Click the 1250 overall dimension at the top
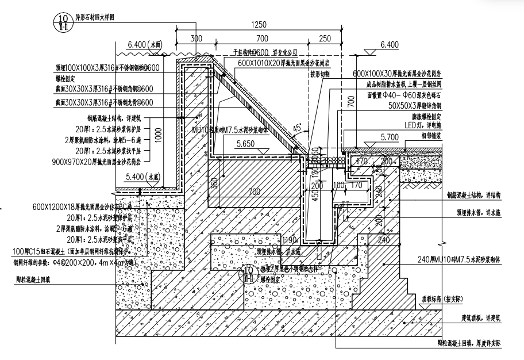(260, 25)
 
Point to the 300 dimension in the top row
(196, 38)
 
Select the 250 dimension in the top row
(325, 38)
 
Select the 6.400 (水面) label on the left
(145, 44)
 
